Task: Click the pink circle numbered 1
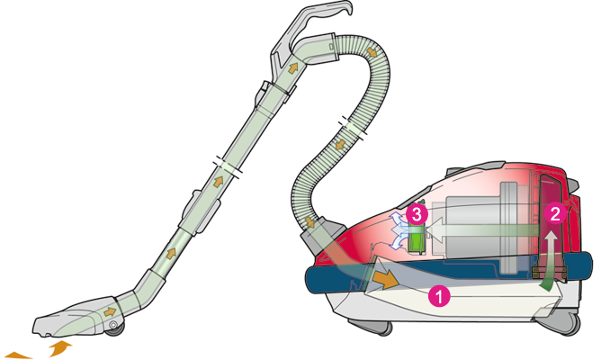pyautogui.click(x=439, y=295)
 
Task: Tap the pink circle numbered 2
pyautogui.click(x=555, y=213)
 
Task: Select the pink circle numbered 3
pyautogui.click(x=417, y=214)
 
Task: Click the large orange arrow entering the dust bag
pyautogui.click(x=386, y=280)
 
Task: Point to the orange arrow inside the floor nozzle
pyautogui.click(x=110, y=311)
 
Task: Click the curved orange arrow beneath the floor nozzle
pyautogui.click(x=60, y=347)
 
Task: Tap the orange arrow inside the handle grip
pyautogui.click(x=292, y=68)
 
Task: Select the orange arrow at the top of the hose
pyautogui.click(x=371, y=51)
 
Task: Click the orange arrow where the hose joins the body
pyautogui.click(x=309, y=222)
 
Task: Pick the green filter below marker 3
pyautogui.click(x=417, y=239)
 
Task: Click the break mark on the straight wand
pyautogui.click(x=228, y=167)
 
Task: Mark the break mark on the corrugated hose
pyautogui.click(x=353, y=127)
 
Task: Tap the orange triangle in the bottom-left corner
pyautogui.click(x=17, y=355)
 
